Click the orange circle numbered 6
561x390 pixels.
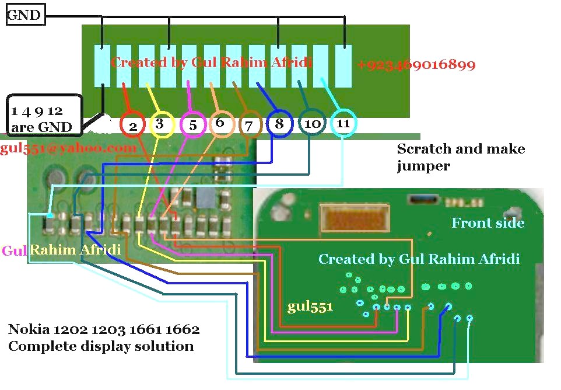(211, 124)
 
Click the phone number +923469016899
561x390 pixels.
(416, 64)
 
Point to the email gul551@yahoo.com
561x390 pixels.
(68, 148)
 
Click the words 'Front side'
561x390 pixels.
(488, 223)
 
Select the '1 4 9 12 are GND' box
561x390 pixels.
(44, 116)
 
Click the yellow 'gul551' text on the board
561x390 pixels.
(310, 307)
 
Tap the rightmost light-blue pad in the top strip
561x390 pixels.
(343, 66)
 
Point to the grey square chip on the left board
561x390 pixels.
(205, 198)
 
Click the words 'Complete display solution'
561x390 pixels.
(101, 346)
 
